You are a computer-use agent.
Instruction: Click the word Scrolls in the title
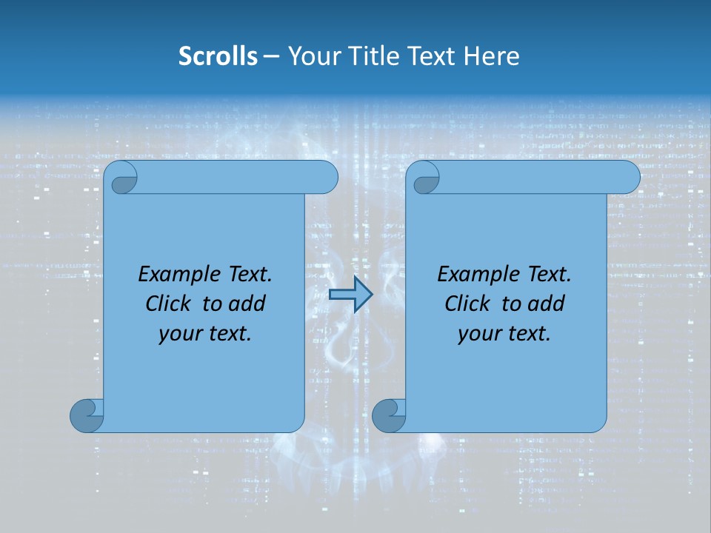(x=218, y=56)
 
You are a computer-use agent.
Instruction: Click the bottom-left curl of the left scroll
(x=85, y=416)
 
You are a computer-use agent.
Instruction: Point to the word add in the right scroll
(x=547, y=304)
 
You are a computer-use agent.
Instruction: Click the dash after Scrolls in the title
(x=272, y=56)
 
